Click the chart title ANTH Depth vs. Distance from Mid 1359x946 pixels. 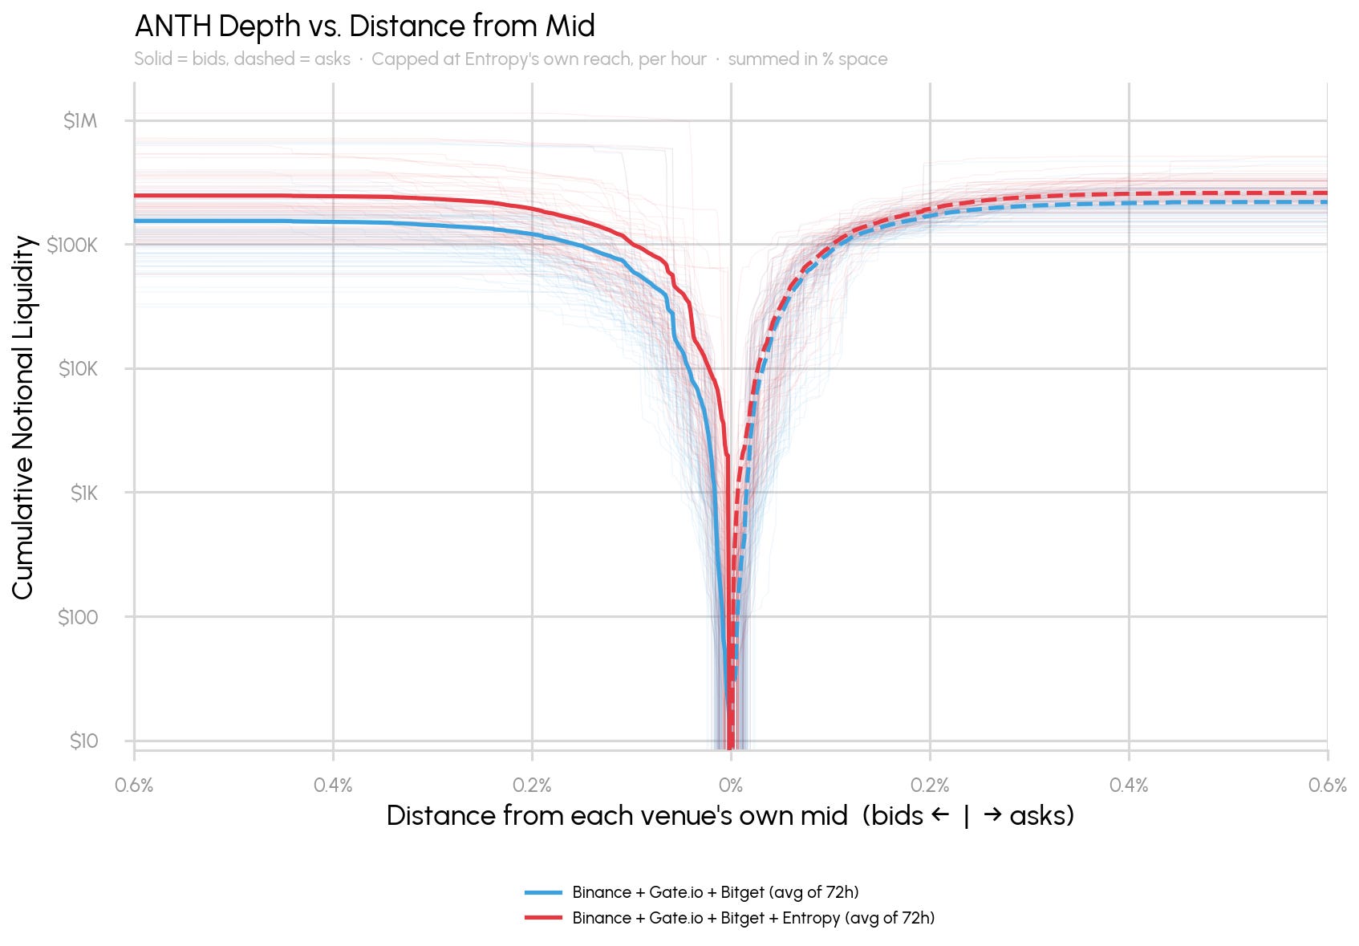point(365,26)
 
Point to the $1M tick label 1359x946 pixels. point(80,120)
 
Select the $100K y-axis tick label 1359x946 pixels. point(72,246)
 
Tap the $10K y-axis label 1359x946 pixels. point(78,369)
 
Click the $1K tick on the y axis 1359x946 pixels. point(83,493)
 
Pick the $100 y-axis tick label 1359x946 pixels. point(78,617)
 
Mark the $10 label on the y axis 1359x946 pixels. point(83,741)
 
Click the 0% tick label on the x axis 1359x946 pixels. point(731,786)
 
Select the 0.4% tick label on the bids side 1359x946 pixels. point(333,786)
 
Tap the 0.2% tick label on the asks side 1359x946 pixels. point(930,786)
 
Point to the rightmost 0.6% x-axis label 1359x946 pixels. point(1328,786)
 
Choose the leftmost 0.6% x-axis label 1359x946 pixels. point(134,786)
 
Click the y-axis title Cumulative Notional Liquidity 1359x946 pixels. point(22,417)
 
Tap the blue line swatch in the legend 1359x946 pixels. point(544,892)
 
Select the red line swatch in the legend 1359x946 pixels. point(544,918)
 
